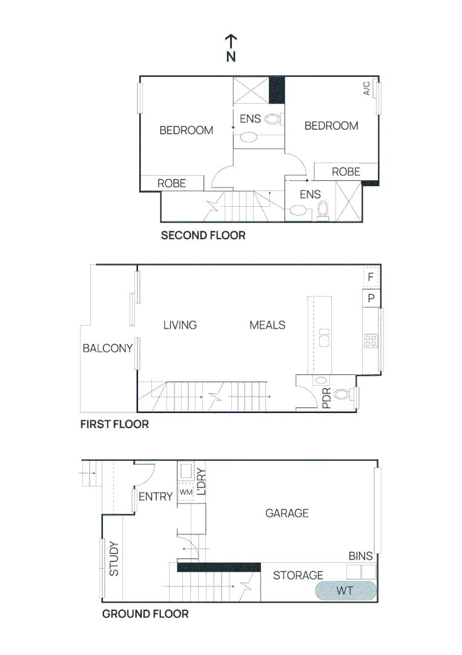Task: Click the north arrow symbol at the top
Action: click(x=231, y=48)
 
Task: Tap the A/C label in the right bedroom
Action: click(x=367, y=89)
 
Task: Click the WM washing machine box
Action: click(x=185, y=492)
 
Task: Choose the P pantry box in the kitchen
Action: click(x=371, y=298)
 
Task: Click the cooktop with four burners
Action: click(x=371, y=341)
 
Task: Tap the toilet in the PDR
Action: click(x=343, y=394)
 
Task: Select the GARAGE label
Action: click(x=287, y=513)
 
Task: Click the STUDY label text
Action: click(x=114, y=559)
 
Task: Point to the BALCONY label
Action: click(x=107, y=348)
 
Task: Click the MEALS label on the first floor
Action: click(x=267, y=325)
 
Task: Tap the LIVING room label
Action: click(x=180, y=325)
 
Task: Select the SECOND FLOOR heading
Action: click(x=203, y=235)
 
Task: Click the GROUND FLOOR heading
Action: click(x=145, y=614)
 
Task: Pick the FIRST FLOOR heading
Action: click(x=114, y=424)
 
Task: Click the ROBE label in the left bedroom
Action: click(x=171, y=183)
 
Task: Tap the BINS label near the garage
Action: click(x=360, y=556)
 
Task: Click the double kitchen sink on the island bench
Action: click(x=324, y=337)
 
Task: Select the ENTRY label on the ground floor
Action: click(x=156, y=497)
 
